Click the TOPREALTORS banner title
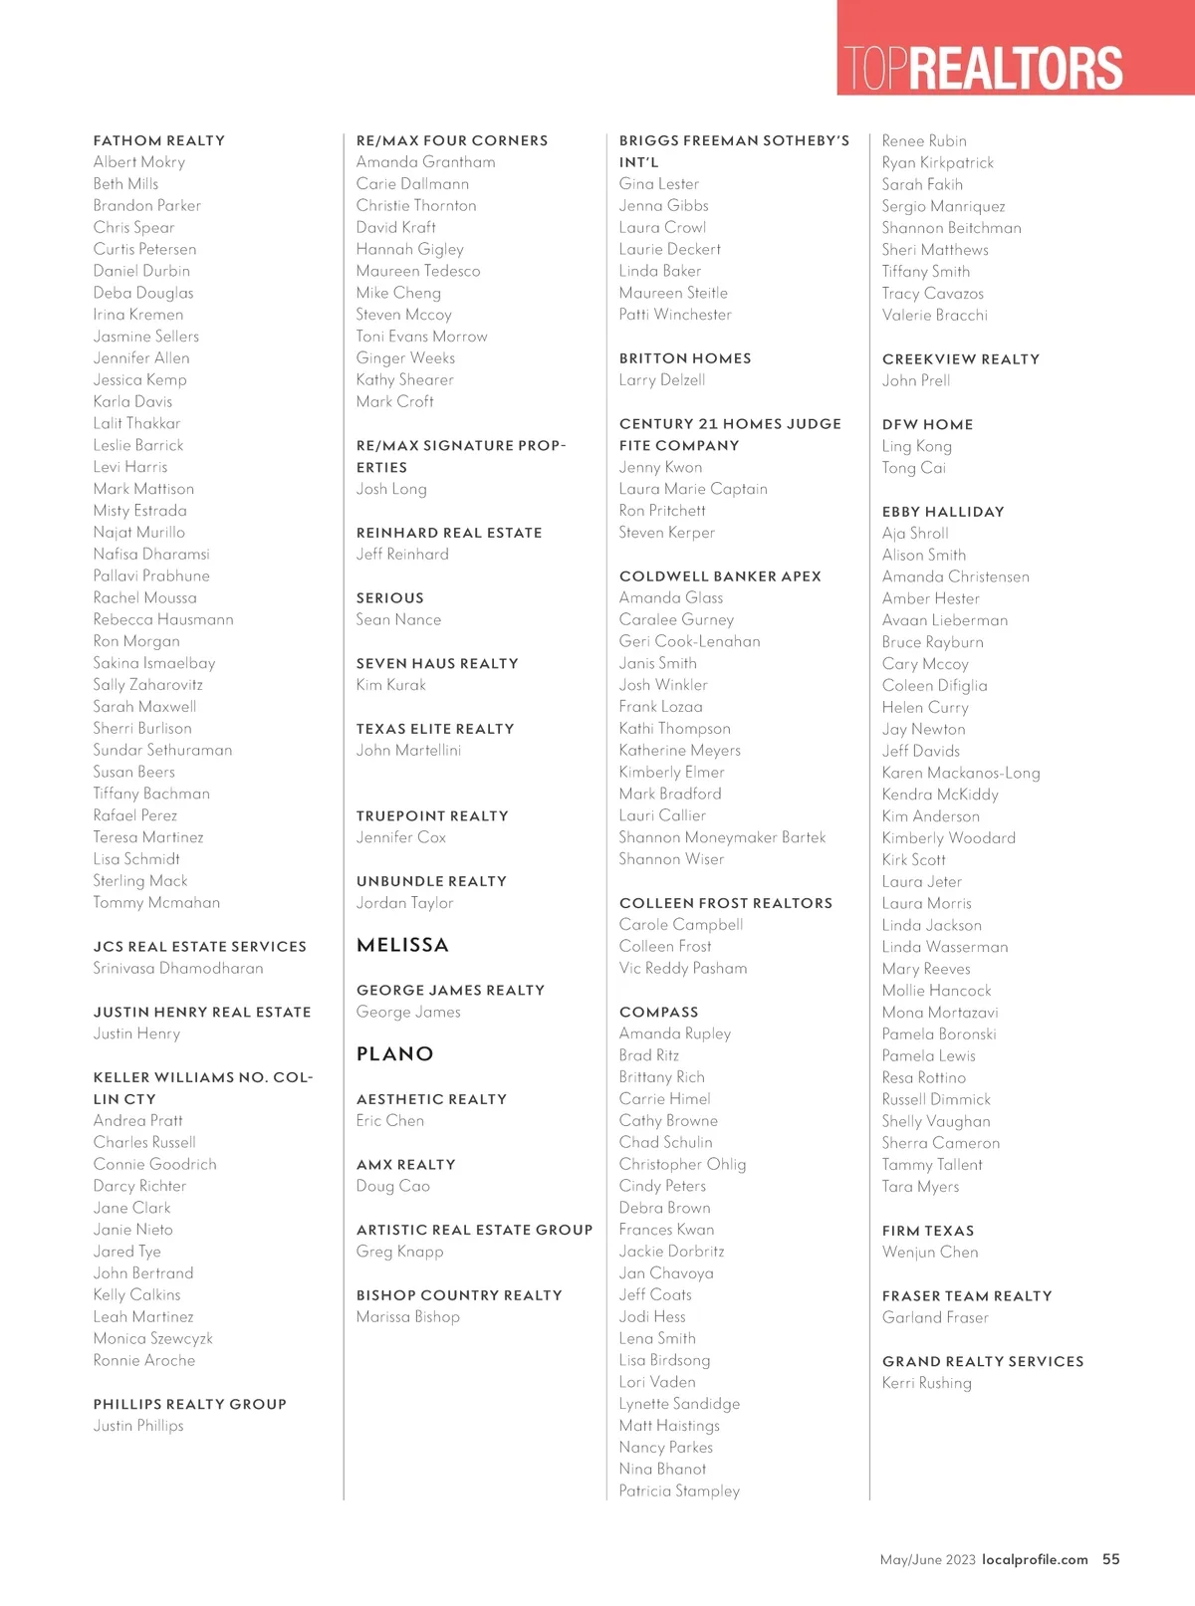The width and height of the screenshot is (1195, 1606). pyautogui.click(x=983, y=68)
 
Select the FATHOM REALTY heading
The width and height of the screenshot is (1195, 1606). pyautogui.click(x=159, y=140)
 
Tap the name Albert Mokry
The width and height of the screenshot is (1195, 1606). pyautogui.click(x=139, y=162)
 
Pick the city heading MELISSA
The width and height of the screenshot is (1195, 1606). pyautogui.click(x=402, y=945)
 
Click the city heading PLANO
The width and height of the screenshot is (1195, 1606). pyautogui.click(x=395, y=1053)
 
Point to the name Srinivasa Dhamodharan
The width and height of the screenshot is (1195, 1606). pyautogui.click(x=178, y=968)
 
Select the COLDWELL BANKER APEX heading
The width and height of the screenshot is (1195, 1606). pyautogui.click(x=720, y=575)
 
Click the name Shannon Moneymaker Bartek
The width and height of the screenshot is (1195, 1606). pyautogui.click(x=722, y=837)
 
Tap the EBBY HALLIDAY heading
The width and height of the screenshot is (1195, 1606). pyautogui.click(x=943, y=512)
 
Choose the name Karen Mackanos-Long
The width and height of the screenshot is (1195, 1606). pyautogui.click(x=961, y=773)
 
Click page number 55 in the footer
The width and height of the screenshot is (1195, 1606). pyautogui.click(x=1111, y=1559)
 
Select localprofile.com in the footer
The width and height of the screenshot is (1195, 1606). pyautogui.click(x=1035, y=1559)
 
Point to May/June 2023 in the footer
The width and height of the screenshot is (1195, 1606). pyautogui.click(x=927, y=1559)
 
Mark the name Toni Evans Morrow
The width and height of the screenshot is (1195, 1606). pyautogui.click(x=422, y=337)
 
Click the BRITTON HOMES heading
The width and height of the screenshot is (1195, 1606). pyautogui.click(x=685, y=358)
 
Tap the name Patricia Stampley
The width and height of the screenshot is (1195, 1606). pyautogui.click(x=679, y=1491)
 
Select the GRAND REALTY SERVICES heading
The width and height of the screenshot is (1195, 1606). pyautogui.click(x=983, y=1361)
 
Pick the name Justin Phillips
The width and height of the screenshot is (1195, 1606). pyautogui.click(x=138, y=1426)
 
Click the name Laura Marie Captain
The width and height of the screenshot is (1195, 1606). pyautogui.click(x=693, y=489)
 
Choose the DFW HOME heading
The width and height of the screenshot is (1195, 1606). pyautogui.click(x=927, y=424)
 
